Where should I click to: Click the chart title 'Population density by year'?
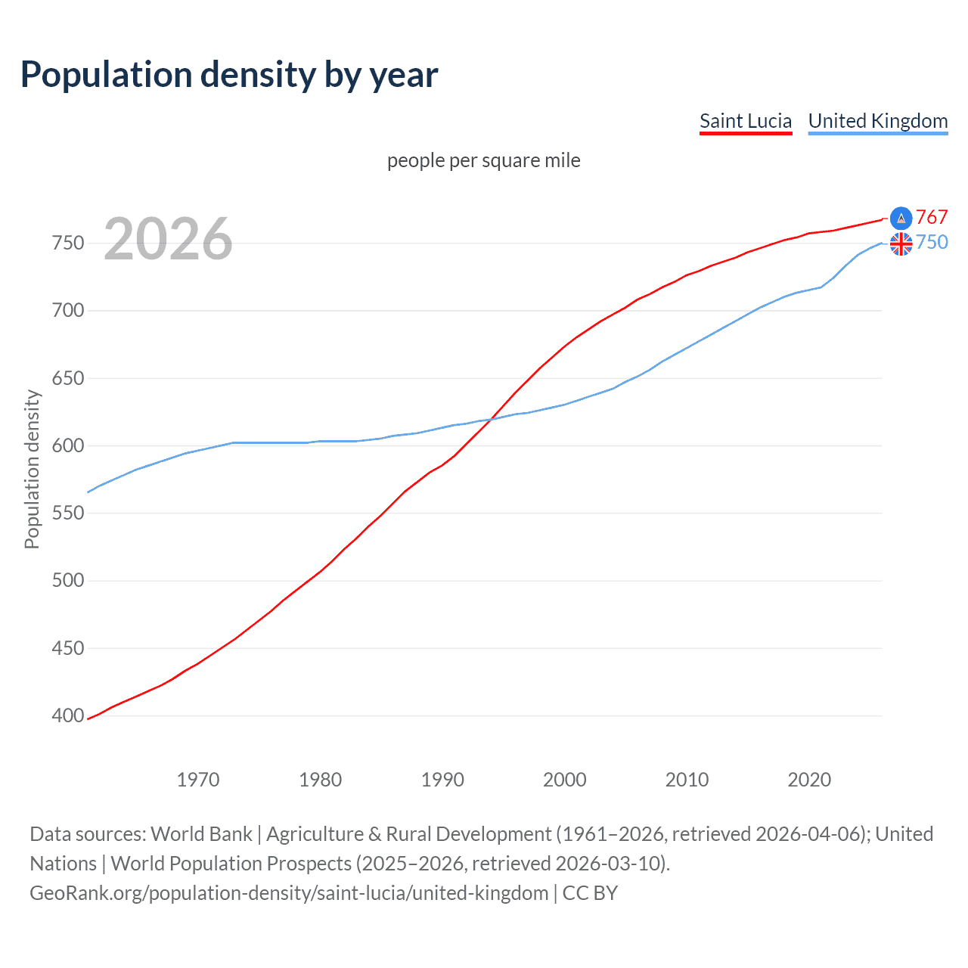[x=229, y=75]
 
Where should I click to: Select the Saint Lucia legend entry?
[x=745, y=121]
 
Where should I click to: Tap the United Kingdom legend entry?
[x=877, y=121]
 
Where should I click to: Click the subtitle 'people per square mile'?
[x=483, y=161]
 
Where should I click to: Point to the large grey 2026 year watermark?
[x=168, y=239]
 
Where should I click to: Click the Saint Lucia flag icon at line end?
[x=901, y=219]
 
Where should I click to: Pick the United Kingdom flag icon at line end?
[x=901, y=244]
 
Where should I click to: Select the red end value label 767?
[x=932, y=218]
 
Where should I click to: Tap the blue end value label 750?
[x=932, y=243]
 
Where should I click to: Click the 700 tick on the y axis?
[x=68, y=311]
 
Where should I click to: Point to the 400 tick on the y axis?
[x=68, y=716]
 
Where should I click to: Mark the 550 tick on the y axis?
[x=68, y=513]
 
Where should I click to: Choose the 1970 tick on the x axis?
[x=198, y=780]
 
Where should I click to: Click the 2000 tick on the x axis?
[x=564, y=780]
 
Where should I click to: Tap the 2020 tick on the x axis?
[x=809, y=780]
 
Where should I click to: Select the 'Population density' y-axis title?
[x=32, y=469]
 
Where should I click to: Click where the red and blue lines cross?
[x=490, y=419]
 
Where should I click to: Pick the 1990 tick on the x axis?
[x=442, y=780]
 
